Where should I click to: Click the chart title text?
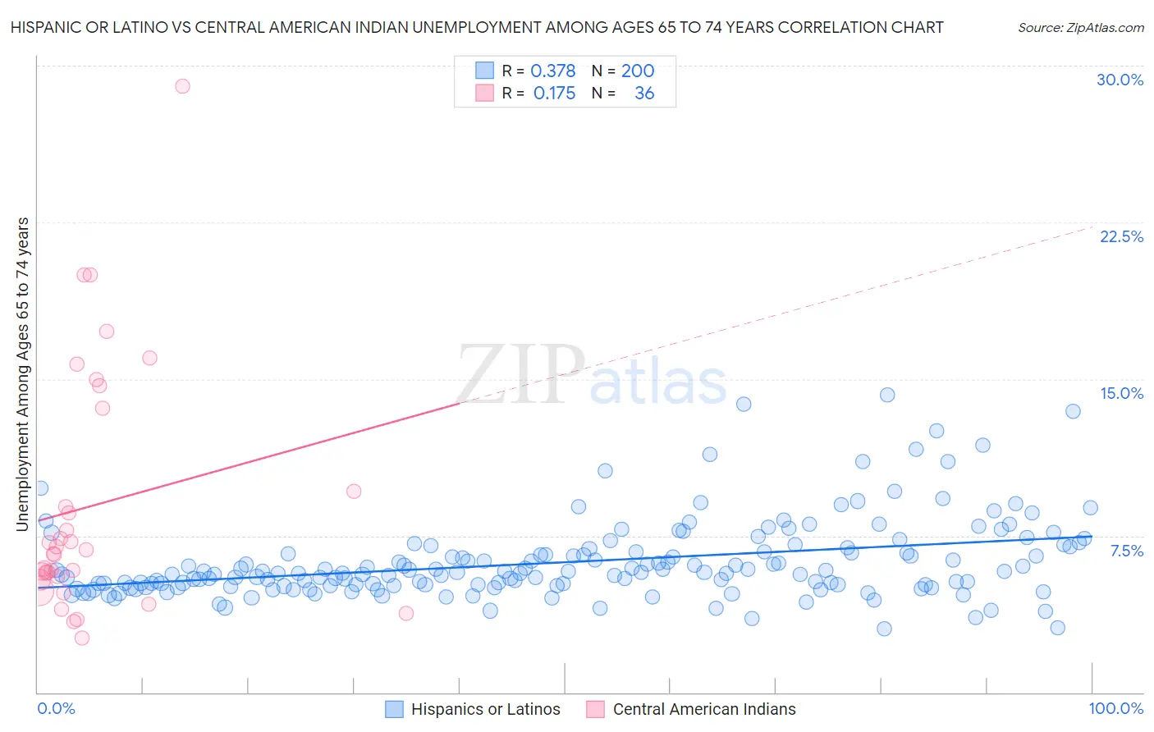click(x=477, y=27)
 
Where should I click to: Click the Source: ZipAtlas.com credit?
click(x=1080, y=28)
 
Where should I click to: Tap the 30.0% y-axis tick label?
click(x=1120, y=80)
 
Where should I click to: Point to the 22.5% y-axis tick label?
click(x=1121, y=236)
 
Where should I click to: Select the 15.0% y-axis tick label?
click(x=1121, y=393)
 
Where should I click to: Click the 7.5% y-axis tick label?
click(x=1126, y=551)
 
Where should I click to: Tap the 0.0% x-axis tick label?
click(x=56, y=708)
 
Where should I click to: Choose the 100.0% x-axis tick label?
click(x=1115, y=708)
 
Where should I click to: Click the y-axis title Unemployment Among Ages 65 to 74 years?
click(x=23, y=373)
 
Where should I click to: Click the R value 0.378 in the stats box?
click(x=553, y=71)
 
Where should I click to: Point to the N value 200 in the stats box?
click(x=638, y=71)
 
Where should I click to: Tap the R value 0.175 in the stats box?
click(x=554, y=93)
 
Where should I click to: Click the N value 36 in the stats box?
click(x=644, y=93)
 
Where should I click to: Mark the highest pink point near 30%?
click(x=182, y=86)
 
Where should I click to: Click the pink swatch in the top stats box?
click(x=484, y=93)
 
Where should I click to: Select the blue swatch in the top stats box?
click(x=484, y=71)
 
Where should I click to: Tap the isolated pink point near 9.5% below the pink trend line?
click(x=354, y=492)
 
